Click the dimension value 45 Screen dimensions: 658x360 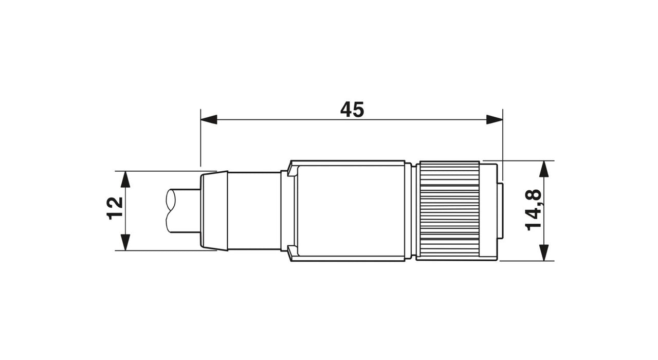tap(352, 110)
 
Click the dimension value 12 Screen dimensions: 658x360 tap(115, 208)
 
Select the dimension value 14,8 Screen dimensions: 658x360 tap(533, 209)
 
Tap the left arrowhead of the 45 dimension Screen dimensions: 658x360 tap(209, 120)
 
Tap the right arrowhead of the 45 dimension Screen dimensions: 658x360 tap(495, 120)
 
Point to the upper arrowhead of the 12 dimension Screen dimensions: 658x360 tap(126, 179)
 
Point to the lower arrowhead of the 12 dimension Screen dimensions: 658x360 tap(126, 242)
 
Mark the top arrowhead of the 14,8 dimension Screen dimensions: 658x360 tap(544, 169)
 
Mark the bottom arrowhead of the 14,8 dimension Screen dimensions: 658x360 tap(544, 253)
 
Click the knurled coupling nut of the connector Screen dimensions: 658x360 tap(449, 211)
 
